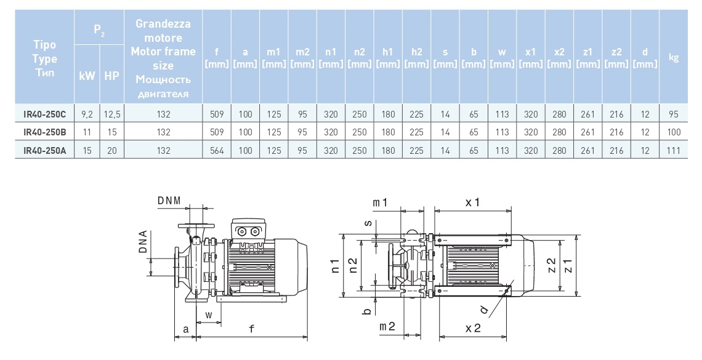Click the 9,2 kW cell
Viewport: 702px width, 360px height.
pyautogui.click(x=86, y=114)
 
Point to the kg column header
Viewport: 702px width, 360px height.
pyautogui.click(x=673, y=58)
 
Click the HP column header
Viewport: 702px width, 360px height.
pyautogui.click(x=111, y=76)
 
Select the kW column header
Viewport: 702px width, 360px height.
pyautogui.click(x=86, y=76)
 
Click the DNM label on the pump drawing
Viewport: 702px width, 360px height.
pyautogui.click(x=169, y=199)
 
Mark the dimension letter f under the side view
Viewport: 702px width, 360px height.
pyautogui.click(x=251, y=329)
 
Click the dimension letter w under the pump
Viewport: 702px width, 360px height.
pyautogui.click(x=209, y=315)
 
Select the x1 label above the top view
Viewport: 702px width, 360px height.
pyautogui.click(x=472, y=202)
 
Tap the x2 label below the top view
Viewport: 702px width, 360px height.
pyautogui.click(x=472, y=329)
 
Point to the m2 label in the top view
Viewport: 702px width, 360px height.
pyautogui.click(x=387, y=326)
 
